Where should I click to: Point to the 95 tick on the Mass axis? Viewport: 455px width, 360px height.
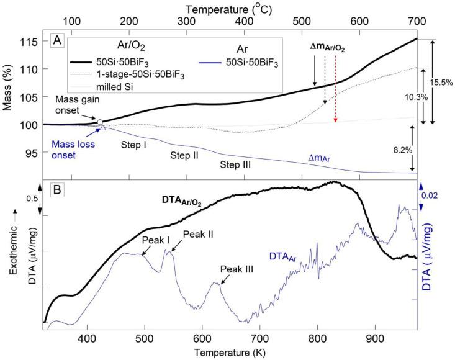31,152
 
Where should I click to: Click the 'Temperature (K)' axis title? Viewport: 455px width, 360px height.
230,353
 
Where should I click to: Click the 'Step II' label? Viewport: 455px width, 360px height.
185,155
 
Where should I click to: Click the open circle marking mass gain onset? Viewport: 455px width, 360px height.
101,122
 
